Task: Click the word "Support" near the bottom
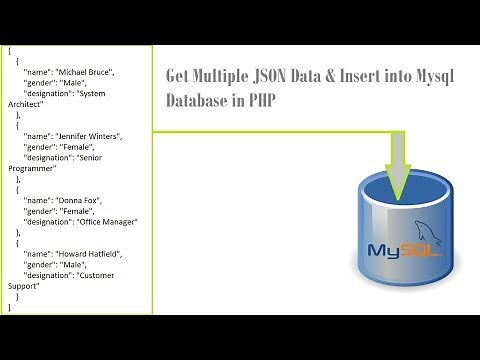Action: click(x=25, y=286)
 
